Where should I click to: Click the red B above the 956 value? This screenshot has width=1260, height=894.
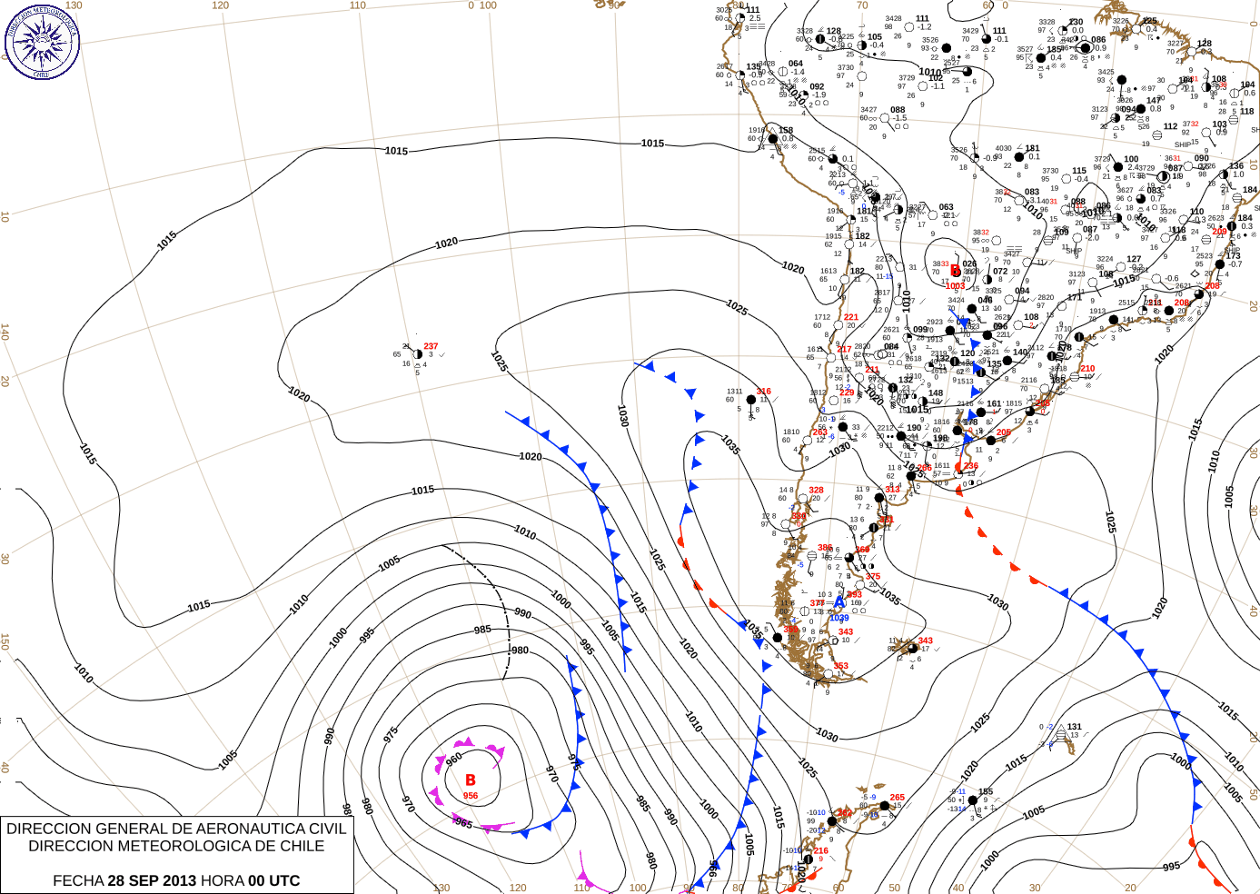471,780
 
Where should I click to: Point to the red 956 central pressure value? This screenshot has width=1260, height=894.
471,796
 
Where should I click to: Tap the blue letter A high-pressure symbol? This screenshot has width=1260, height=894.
839,601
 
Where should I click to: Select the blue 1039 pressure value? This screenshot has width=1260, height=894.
838,618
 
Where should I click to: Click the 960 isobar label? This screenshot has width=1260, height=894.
454,758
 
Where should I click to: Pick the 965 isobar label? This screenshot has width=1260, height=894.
462,822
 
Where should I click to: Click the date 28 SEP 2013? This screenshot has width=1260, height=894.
152,880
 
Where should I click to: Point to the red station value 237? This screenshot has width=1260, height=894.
431,346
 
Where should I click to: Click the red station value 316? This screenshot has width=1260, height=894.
764,392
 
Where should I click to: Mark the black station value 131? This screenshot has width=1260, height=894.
1075,727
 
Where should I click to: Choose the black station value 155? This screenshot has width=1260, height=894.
986,791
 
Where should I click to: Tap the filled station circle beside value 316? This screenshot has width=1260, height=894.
750,400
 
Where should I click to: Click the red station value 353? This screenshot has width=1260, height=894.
841,666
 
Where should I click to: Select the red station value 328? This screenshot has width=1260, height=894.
817,490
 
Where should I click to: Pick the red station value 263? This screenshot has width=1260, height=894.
819,432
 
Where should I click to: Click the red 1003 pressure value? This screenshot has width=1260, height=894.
956,286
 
